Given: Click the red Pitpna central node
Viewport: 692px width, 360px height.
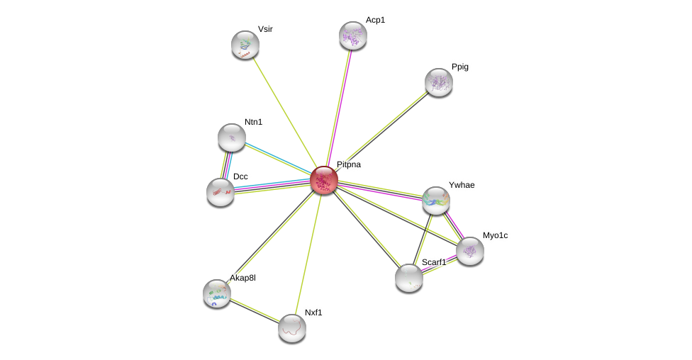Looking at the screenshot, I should [324, 180].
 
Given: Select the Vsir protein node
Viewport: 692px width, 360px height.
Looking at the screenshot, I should [245, 45].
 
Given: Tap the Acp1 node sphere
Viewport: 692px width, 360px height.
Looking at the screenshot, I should [352, 35].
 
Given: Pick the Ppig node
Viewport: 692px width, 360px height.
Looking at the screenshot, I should [438, 82].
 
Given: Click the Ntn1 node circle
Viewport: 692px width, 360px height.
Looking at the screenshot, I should [232, 137].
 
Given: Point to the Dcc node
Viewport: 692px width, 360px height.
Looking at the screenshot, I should [221, 191].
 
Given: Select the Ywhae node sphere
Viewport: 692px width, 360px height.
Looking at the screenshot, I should [435, 201].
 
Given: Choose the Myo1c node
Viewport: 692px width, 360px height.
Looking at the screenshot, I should [469, 251].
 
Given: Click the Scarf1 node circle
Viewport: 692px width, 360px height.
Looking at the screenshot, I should [409, 278].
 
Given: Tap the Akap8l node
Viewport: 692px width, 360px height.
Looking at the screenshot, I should [217, 293].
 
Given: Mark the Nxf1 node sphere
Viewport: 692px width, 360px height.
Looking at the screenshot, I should [292, 328].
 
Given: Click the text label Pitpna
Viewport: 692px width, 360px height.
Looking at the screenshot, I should [348, 164].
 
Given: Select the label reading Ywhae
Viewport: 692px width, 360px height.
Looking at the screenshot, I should [462, 185].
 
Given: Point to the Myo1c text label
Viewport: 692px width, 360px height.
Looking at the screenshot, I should [495, 235].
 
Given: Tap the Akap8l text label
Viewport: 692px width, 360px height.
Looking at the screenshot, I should [242, 278].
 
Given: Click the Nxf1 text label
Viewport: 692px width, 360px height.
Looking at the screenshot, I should [313, 313].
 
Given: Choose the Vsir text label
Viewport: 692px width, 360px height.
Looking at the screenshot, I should [265, 29].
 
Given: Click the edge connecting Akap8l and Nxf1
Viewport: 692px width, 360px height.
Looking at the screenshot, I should [255, 310].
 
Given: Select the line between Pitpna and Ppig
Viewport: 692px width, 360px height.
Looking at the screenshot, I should [381, 131].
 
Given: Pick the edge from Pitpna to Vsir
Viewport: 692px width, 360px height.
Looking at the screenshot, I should [284, 112].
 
